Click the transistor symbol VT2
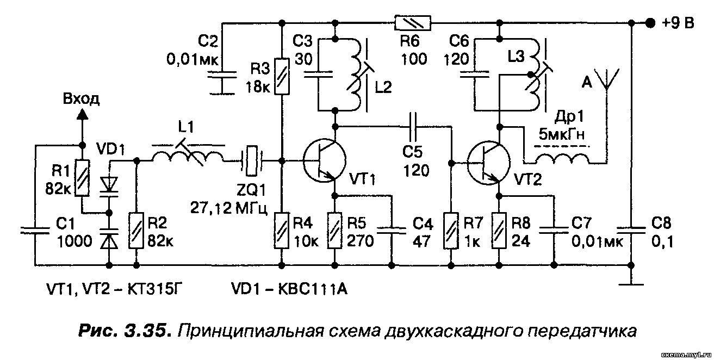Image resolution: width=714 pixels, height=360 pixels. [x=488, y=162]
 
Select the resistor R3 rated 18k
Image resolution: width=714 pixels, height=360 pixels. [x=282, y=76]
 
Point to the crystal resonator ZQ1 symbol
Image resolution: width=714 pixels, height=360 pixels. [x=251, y=160]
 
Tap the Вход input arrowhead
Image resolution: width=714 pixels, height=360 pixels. [x=82, y=113]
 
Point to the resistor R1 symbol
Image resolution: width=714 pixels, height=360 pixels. [x=82, y=178]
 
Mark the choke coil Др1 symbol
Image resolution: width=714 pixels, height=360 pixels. [x=562, y=158]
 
